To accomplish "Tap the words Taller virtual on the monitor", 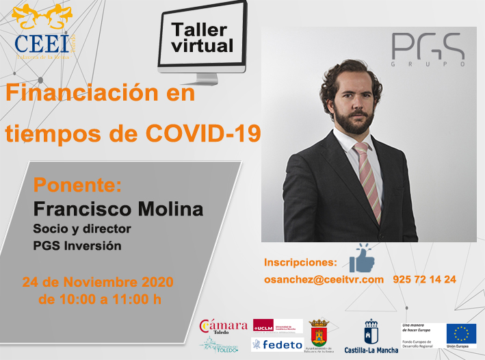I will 202,38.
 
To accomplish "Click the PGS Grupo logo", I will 428,49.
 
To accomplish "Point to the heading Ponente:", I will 77,185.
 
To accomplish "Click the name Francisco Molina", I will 118,208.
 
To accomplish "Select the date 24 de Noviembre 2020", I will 98,282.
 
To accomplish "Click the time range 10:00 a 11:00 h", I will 101,299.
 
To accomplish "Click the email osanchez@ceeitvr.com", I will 323,279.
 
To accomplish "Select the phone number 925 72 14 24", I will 424,279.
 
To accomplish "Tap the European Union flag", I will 461,333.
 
